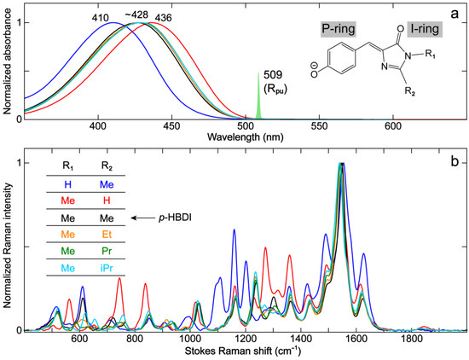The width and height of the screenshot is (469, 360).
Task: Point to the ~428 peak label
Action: pyautogui.click(x=135, y=14)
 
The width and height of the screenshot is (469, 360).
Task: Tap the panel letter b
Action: pyautogui.click(x=454, y=160)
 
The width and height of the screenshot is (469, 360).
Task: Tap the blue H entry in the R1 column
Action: pyautogui.click(x=67, y=183)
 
